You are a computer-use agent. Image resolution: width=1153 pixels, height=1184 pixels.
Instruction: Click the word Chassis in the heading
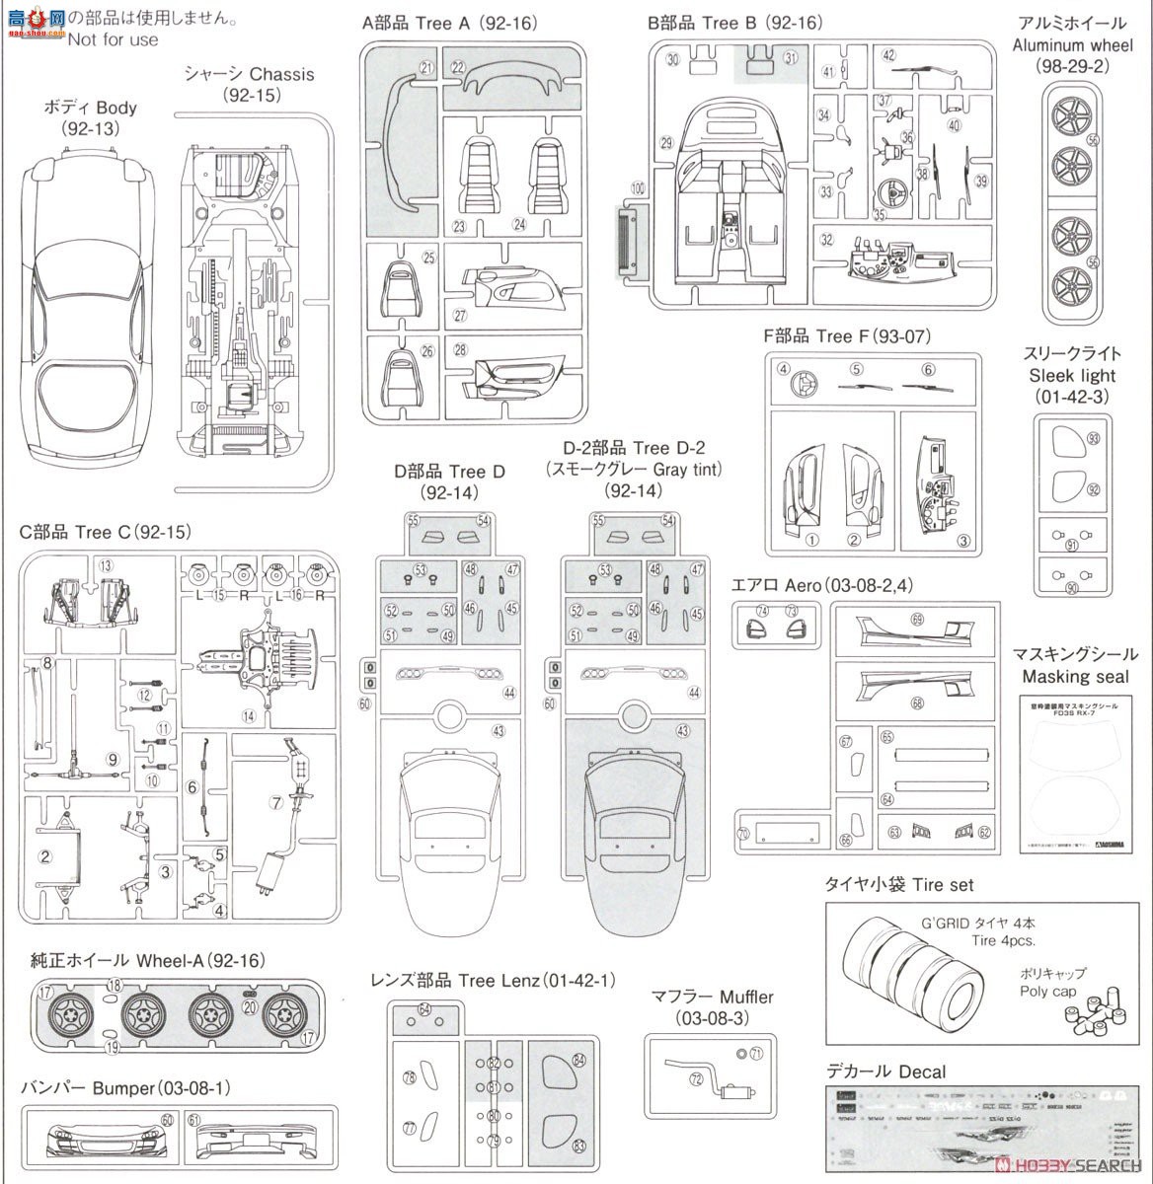point(281,74)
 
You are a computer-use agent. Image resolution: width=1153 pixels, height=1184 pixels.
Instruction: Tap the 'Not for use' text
point(113,39)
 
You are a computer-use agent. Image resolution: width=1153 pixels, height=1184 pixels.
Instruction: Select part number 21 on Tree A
point(426,68)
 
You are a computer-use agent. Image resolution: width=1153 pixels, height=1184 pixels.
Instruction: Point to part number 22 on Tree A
point(458,67)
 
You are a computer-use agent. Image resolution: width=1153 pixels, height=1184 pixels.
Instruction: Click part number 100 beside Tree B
point(637,187)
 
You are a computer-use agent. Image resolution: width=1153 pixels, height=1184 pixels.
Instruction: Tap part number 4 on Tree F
point(784,370)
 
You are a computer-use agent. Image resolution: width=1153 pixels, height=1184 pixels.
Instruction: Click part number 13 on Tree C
point(105,565)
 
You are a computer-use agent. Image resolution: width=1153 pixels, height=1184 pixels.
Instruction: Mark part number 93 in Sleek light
point(1093,438)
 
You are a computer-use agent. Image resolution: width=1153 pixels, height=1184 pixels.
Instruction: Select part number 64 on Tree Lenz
point(424,1008)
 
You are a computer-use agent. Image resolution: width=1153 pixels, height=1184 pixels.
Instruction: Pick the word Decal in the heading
point(922,1072)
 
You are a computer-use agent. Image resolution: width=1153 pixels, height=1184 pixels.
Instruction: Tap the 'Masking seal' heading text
point(1075,677)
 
